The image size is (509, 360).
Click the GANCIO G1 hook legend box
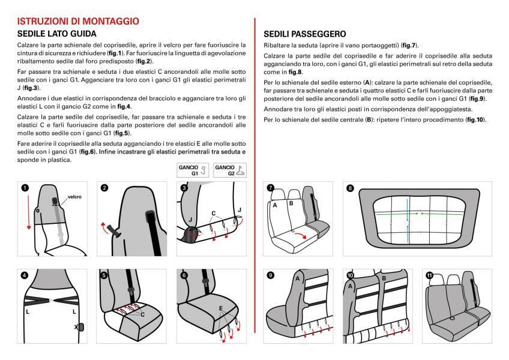point(191,169)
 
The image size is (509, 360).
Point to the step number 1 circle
point(25,187)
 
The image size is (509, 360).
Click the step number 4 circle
point(25,275)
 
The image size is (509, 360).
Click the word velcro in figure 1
point(74,196)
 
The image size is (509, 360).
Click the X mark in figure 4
point(76,327)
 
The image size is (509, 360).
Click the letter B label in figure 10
point(383,278)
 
